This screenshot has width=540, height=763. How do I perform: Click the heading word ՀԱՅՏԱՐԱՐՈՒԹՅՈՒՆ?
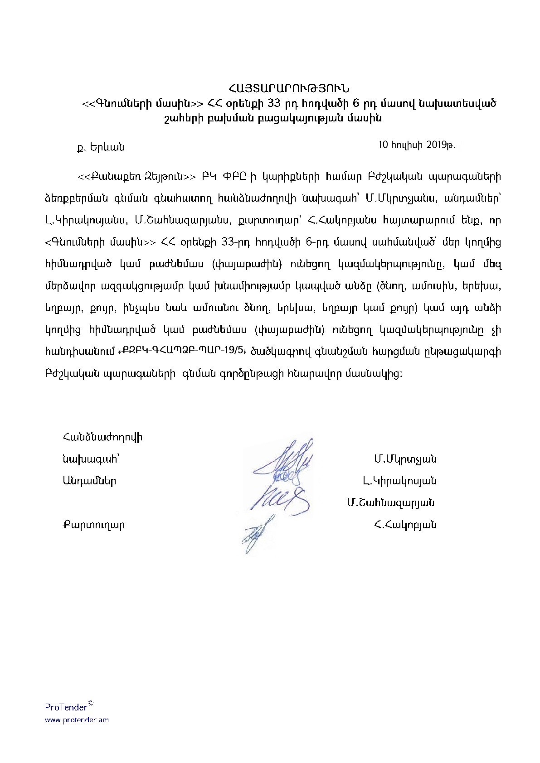pyautogui.click(x=289, y=88)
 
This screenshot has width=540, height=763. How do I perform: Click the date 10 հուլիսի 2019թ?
pyautogui.click(x=416, y=145)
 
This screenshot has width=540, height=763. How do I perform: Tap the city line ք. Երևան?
pyautogui.click(x=101, y=147)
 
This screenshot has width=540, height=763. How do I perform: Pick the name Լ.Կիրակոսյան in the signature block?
pyautogui.click(x=399, y=481)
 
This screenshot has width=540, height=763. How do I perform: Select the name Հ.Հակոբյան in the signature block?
pyautogui.click(x=405, y=525)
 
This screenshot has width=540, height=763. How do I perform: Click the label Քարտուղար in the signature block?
pyautogui.click(x=93, y=525)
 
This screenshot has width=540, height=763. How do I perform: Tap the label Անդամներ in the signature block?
pyautogui.click(x=89, y=481)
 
